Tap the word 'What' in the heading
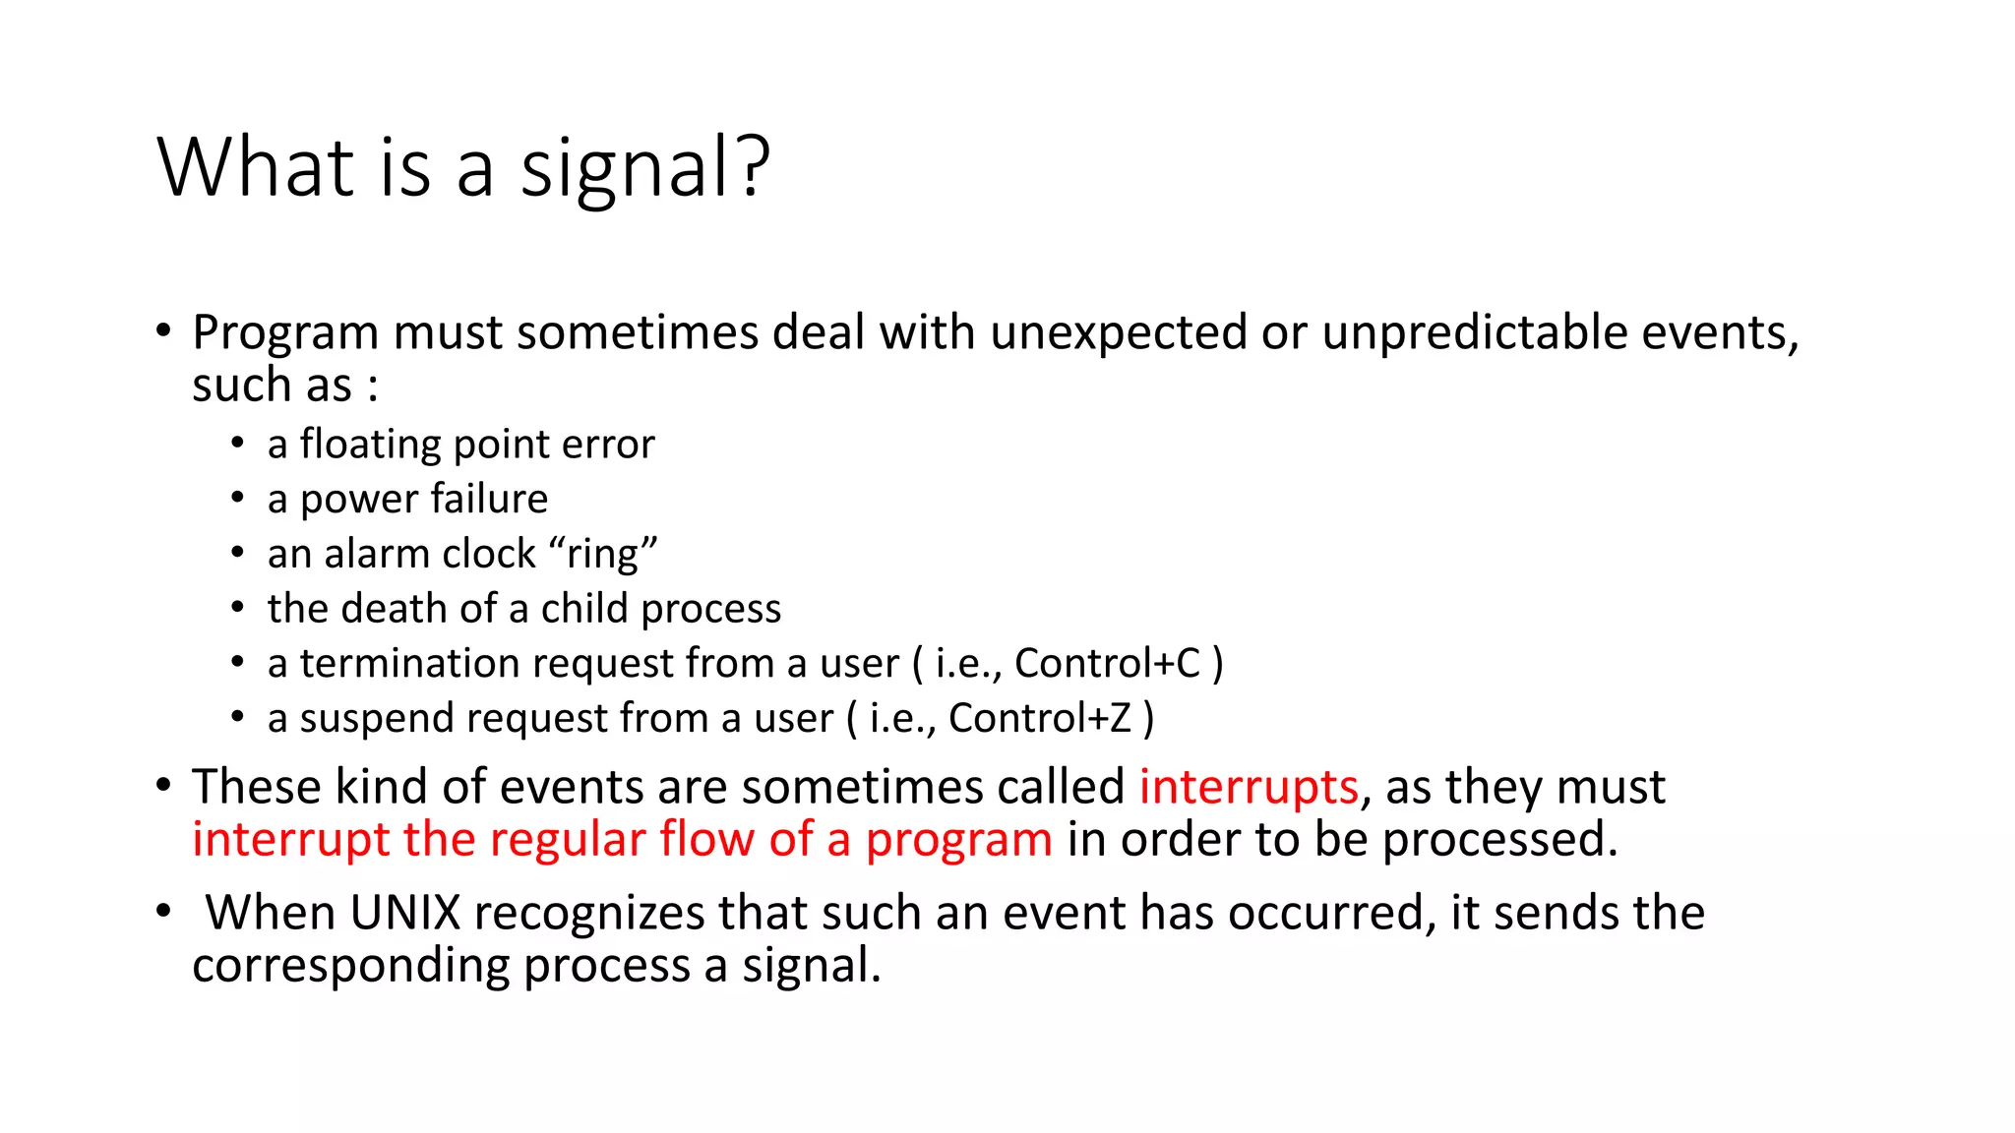[x=255, y=167]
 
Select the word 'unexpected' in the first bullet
[x=1119, y=332]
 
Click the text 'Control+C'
[x=1108, y=664]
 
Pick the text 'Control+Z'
[x=1040, y=719]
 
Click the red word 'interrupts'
[x=1249, y=788]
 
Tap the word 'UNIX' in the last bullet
[x=404, y=913]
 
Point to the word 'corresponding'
[x=350, y=967]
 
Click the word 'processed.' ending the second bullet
[x=1499, y=840]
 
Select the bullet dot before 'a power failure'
[x=238, y=500]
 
